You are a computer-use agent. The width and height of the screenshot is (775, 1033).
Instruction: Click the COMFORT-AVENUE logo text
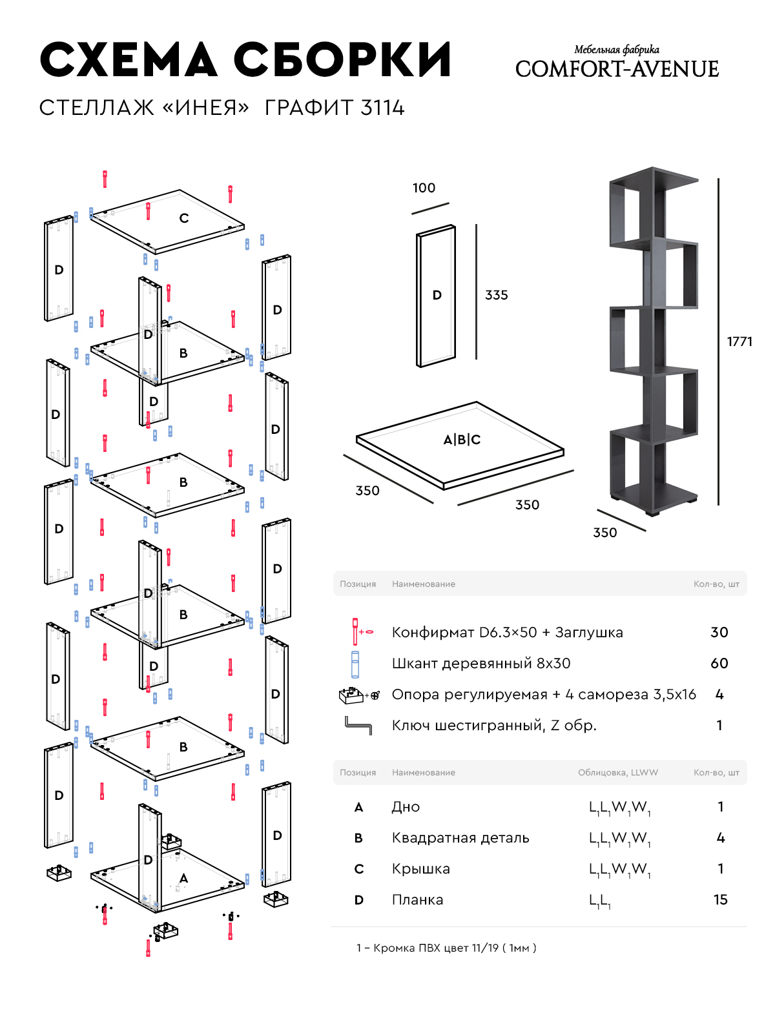coord(617,69)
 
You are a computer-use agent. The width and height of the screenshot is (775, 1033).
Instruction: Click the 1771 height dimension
coord(739,342)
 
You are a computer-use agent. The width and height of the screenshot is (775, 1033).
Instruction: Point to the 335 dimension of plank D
coord(497,295)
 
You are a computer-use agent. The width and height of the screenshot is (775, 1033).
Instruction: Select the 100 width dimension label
coord(424,188)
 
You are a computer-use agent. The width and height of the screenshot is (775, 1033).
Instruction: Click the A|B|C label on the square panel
coord(462,440)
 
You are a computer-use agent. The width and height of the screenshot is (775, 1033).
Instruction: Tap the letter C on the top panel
coord(184,218)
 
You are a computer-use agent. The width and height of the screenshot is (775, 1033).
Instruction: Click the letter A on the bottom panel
coord(184,878)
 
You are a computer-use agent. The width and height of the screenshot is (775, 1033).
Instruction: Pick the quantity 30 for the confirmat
coord(719,633)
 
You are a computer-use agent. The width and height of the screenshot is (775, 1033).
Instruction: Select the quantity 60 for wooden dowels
coord(719,664)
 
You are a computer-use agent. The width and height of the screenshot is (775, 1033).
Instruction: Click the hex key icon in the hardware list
coord(358,725)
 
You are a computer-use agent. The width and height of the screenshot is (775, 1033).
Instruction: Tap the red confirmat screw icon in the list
coord(356,631)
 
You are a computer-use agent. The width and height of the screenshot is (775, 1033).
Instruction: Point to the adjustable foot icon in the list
coord(353,695)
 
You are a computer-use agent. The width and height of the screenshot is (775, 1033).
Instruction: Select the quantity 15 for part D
coord(720,900)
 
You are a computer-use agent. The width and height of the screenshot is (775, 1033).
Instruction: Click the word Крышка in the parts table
coord(420,869)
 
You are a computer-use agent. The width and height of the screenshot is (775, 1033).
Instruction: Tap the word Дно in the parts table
coord(406,807)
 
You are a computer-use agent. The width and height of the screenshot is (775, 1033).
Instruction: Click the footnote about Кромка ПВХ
coord(446,948)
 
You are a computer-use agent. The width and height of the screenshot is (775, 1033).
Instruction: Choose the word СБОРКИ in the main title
coord(342,61)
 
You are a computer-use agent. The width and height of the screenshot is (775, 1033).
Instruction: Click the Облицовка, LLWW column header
coord(617,772)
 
